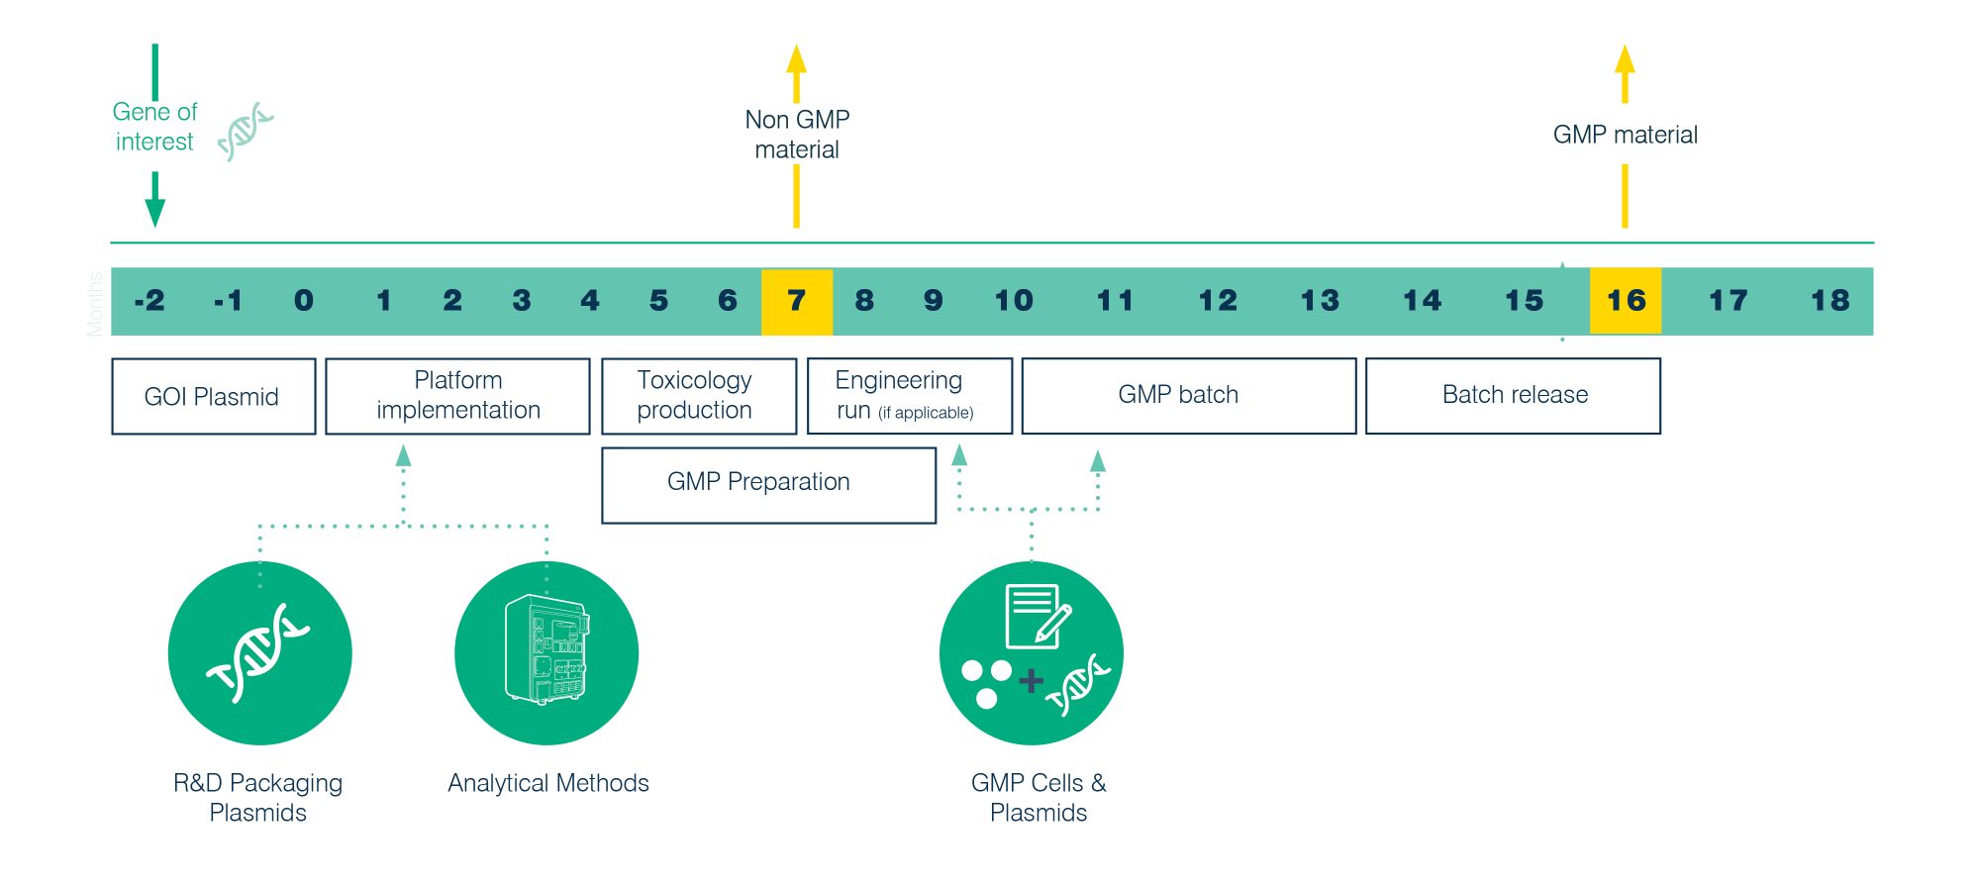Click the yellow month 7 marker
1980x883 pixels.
coord(797,301)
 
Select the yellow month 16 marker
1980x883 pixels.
coord(1626,301)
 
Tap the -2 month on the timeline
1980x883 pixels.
coord(149,301)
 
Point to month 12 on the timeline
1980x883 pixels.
coord(1218,301)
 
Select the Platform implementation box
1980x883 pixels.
coord(457,396)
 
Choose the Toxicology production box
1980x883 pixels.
coord(699,396)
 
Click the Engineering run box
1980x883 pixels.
coord(910,396)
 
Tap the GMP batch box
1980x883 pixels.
coord(1189,396)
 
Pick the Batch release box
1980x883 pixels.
coord(1513,396)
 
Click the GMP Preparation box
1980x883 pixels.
coord(769,485)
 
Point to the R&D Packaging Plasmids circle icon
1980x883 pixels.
coord(260,653)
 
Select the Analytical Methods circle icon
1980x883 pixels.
coord(546,653)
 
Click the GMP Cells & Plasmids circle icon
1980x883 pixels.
coord(1032,653)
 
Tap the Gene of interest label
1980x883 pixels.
coord(154,127)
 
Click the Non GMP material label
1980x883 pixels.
coord(797,135)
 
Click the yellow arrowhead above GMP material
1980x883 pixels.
coord(1625,59)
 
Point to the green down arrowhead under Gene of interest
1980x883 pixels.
coord(154,212)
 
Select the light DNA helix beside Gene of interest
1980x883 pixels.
coord(245,132)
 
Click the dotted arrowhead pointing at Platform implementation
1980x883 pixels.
coord(403,455)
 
